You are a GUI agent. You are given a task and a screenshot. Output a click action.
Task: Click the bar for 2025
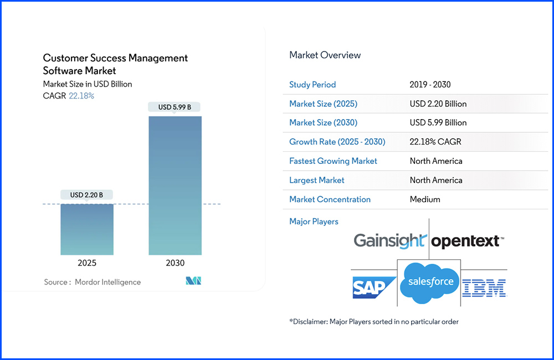coord(87,229)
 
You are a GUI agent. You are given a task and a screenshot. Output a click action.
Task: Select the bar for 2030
coord(175,186)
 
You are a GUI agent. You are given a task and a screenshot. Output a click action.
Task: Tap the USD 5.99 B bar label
coord(175,107)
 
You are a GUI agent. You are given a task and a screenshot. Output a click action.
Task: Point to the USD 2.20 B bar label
coord(87,195)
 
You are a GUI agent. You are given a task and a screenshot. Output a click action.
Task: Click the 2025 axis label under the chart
coord(87,263)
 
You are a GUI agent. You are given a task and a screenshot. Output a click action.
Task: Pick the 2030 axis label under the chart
coord(175,263)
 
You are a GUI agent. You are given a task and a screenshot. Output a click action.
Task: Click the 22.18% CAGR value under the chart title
coord(81,96)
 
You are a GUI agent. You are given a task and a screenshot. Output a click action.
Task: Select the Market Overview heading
coord(325,55)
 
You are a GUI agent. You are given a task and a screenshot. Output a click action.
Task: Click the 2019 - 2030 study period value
coord(430,85)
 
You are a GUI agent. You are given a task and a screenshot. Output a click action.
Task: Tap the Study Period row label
coord(312,85)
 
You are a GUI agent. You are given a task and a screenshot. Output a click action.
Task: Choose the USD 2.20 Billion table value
coord(438,104)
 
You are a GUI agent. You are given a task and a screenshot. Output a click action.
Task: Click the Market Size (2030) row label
coord(323,122)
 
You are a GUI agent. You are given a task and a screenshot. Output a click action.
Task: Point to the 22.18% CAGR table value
coord(435,141)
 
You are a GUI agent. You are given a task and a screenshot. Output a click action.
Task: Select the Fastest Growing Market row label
coord(333,161)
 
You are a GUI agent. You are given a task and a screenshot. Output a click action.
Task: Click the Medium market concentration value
coord(425,199)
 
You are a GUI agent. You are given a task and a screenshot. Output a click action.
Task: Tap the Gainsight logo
coord(390,241)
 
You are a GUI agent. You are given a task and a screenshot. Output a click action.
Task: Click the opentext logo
coord(467,241)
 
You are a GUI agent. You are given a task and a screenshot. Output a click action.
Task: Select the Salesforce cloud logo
coord(429,282)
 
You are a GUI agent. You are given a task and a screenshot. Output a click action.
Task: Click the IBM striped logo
coord(484,287)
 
